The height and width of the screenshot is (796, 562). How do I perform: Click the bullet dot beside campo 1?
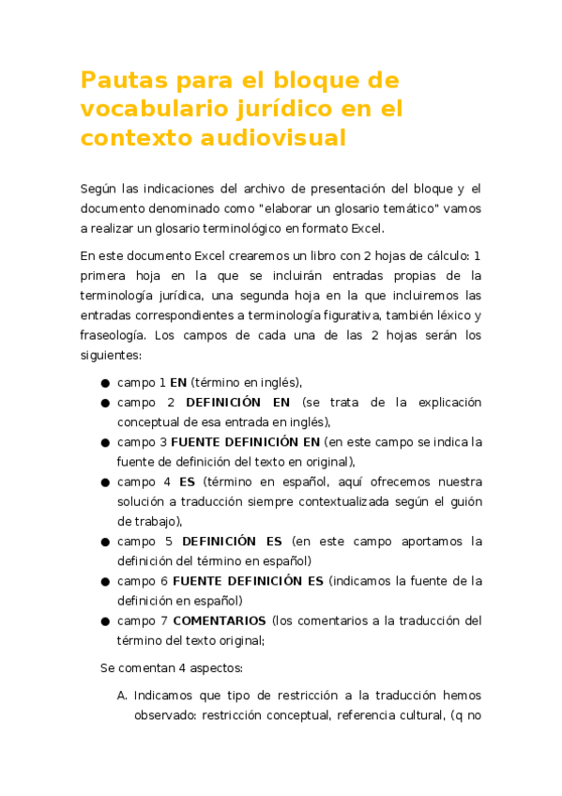[105, 383]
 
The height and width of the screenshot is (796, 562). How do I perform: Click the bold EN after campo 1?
[177, 382]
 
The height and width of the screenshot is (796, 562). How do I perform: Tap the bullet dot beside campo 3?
[105, 442]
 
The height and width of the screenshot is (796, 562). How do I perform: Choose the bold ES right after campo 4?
[187, 482]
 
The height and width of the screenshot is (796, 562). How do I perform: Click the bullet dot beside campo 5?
[105, 542]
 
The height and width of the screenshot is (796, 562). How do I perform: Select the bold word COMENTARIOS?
[220, 620]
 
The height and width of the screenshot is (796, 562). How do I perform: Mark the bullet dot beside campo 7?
[105, 621]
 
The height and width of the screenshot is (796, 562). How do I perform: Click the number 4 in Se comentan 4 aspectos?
[179, 668]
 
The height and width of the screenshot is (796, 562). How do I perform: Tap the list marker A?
[122, 696]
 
